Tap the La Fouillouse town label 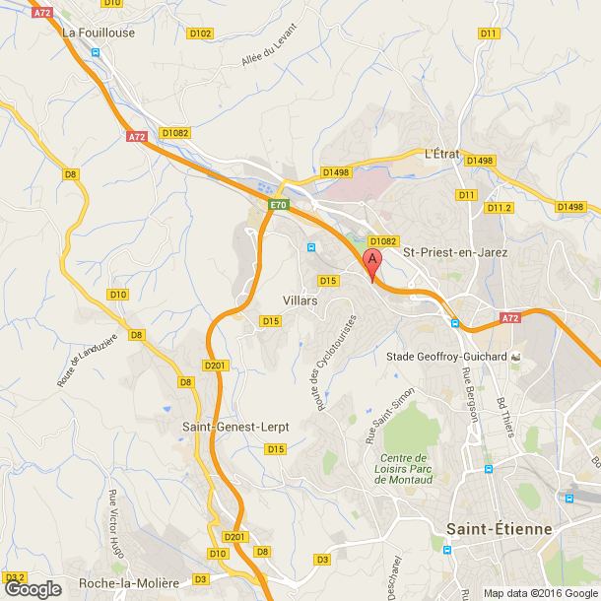99,32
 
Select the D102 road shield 200,33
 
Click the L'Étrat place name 442,154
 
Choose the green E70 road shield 279,205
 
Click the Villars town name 300,300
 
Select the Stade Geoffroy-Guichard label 446,356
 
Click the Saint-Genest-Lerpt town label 234,426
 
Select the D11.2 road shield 500,208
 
